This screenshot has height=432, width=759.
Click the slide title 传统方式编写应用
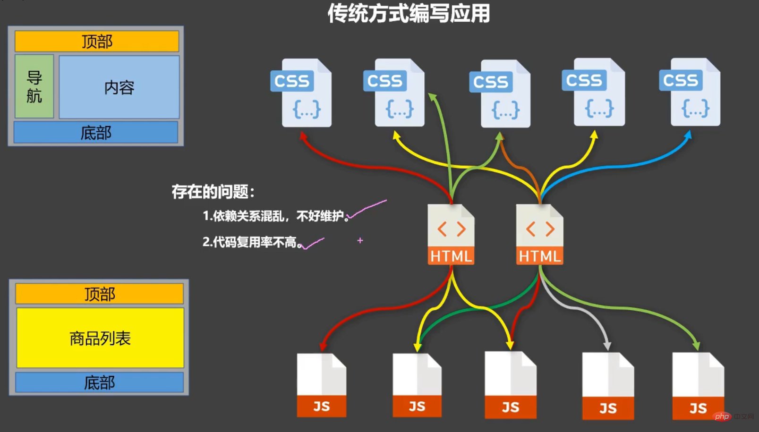[x=409, y=14]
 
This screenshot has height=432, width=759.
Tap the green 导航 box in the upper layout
[x=34, y=86]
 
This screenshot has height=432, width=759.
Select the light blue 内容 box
[x=119, y=87]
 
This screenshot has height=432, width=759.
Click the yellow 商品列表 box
[x=100, y=338]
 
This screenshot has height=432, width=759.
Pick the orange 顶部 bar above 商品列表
[x=99, y=294]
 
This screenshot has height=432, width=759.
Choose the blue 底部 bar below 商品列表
[x=99, y=382]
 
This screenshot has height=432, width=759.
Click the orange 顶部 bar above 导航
[x=97, y=42]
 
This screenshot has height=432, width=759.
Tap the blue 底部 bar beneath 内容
[x=96, y=133]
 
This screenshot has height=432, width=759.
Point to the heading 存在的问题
[x=213, y=192]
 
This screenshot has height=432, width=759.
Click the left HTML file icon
[x=451, y=234]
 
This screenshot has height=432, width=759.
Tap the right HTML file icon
[x=539, y=234]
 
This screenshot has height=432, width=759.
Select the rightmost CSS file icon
[x=692, y=93]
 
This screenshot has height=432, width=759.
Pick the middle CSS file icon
[x=501, y=94]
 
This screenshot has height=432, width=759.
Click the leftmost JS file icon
[x=322, y=385]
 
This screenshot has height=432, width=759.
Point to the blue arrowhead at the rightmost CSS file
[x=688, y=135]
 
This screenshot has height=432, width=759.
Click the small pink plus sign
[x=360, y=240]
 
